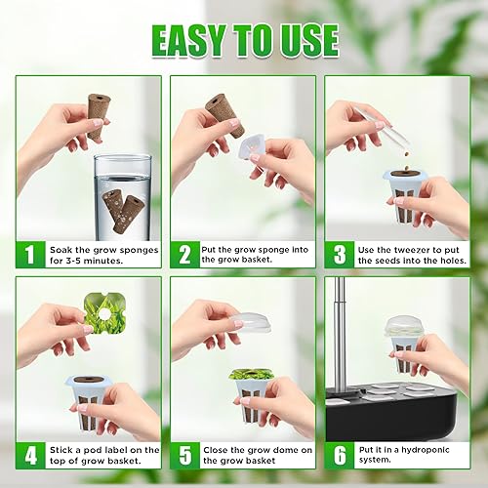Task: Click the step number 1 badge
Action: click(29, 255)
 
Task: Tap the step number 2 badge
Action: click(183, 255)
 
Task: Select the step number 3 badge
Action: click(338, 255)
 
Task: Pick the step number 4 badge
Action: click(29, 456)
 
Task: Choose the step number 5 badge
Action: click(183, 456)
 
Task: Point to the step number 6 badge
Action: click(338, 456)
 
